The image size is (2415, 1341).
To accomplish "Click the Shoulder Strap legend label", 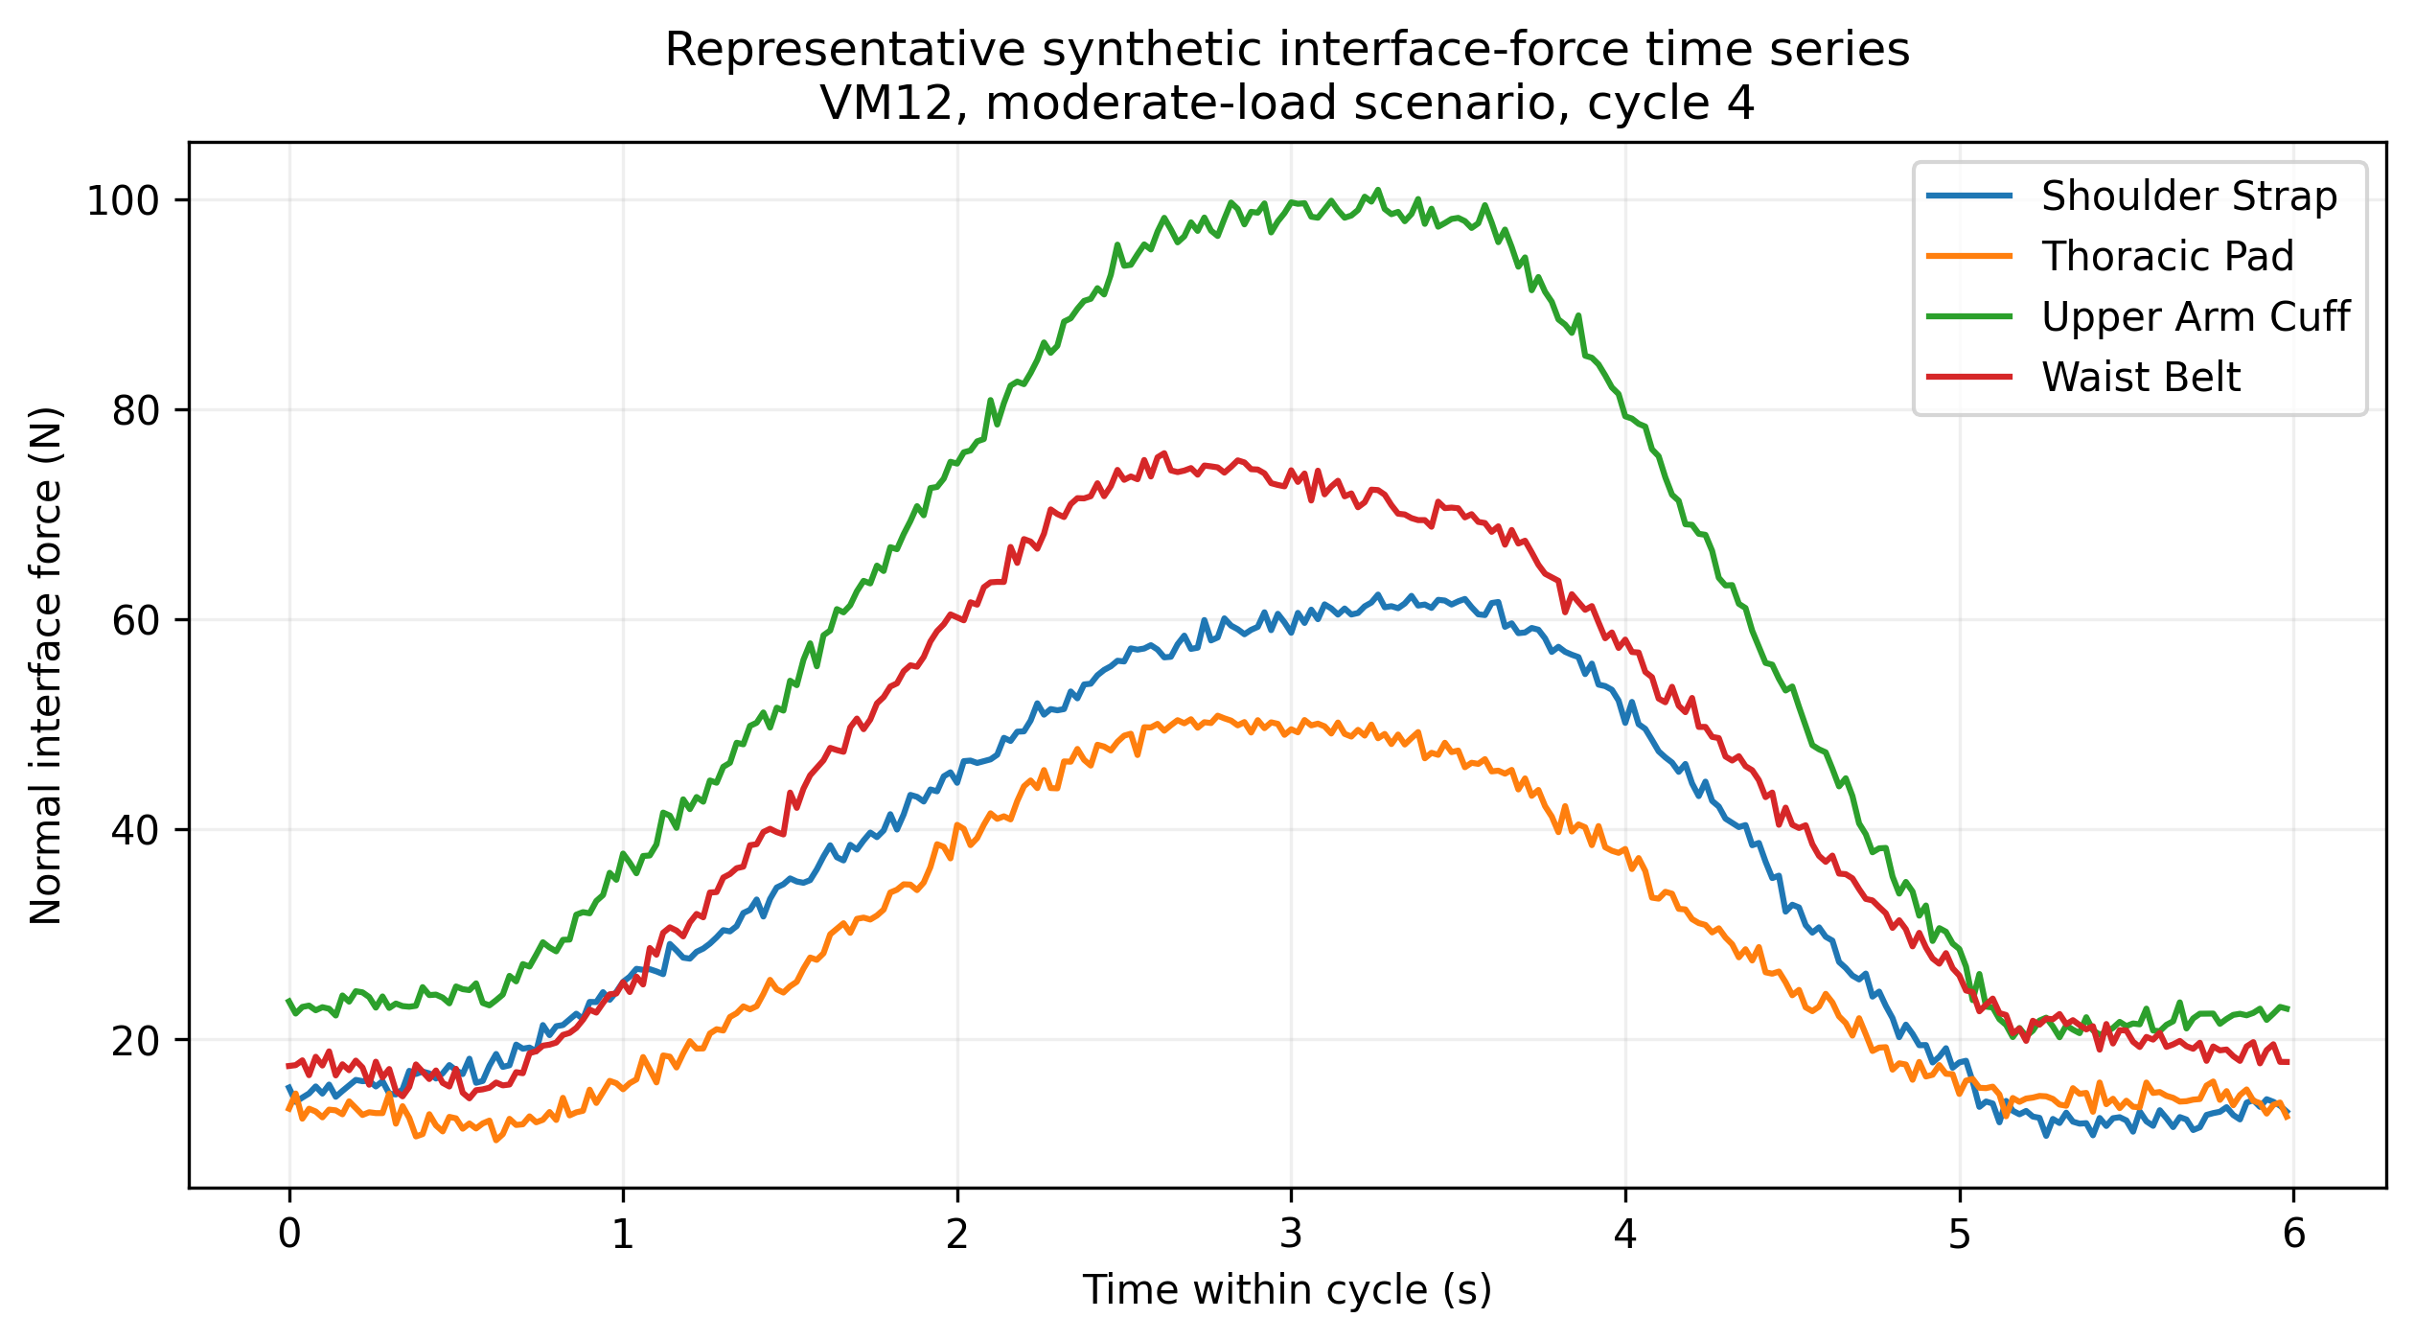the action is tap(2189, 197).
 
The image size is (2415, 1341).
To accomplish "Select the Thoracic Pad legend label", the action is tap(2168, 257).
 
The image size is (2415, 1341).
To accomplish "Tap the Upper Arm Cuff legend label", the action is tap(2196, 317).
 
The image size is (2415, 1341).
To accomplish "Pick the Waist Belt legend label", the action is tap(2141, 378).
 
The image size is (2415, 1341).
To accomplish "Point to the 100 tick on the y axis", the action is tap(123, 201).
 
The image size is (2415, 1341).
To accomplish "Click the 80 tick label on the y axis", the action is tap(135, 411).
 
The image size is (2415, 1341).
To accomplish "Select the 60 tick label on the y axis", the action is tap(135, 621).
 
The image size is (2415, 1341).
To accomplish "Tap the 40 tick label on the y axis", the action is tap(135, 831).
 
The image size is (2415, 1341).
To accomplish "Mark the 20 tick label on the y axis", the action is tap(135, 1041).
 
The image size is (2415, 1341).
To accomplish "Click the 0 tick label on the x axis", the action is tap(289, 1234).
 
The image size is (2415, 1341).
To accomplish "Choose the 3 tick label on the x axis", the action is tap(1291, 1234).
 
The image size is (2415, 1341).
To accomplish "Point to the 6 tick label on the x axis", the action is tap(2293, 1234).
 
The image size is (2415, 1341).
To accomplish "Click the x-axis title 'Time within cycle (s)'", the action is tap(1287, 1290).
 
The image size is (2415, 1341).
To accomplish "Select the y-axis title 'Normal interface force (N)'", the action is tap(46, 666).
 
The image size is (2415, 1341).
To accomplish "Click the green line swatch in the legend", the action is tap(1970, 316).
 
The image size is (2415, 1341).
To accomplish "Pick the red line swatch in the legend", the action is tap(1970, 377).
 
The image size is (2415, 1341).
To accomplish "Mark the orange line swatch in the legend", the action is tap(1970, 256).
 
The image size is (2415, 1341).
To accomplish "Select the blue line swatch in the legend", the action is tap(1970, 196).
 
